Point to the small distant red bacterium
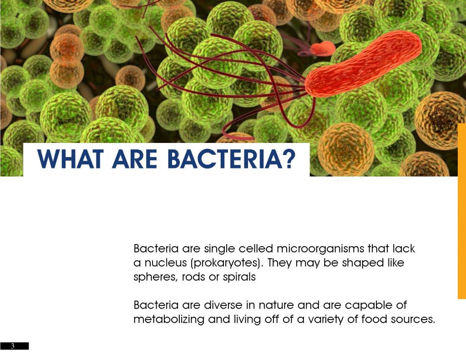coord(324,48)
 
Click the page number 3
coord(13,346)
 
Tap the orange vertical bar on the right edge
coord(461,209)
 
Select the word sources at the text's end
coord(412,319)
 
